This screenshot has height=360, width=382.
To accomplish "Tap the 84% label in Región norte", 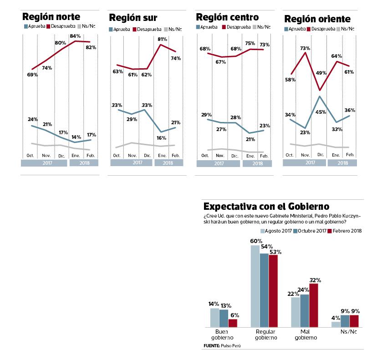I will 75,36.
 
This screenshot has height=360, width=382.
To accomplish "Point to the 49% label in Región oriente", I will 321,73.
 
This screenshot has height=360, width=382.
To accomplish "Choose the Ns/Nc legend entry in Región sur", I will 173,30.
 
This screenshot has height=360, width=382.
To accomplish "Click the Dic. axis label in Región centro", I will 235,156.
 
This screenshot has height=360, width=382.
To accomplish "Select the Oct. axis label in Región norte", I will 31,156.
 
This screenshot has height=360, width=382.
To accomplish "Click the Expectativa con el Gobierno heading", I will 266,207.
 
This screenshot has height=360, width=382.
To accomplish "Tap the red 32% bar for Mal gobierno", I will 314,305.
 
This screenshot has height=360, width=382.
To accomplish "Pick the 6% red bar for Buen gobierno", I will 233,323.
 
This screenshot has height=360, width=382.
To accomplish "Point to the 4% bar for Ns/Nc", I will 336,324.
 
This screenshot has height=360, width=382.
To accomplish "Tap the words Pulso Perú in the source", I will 231,346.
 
